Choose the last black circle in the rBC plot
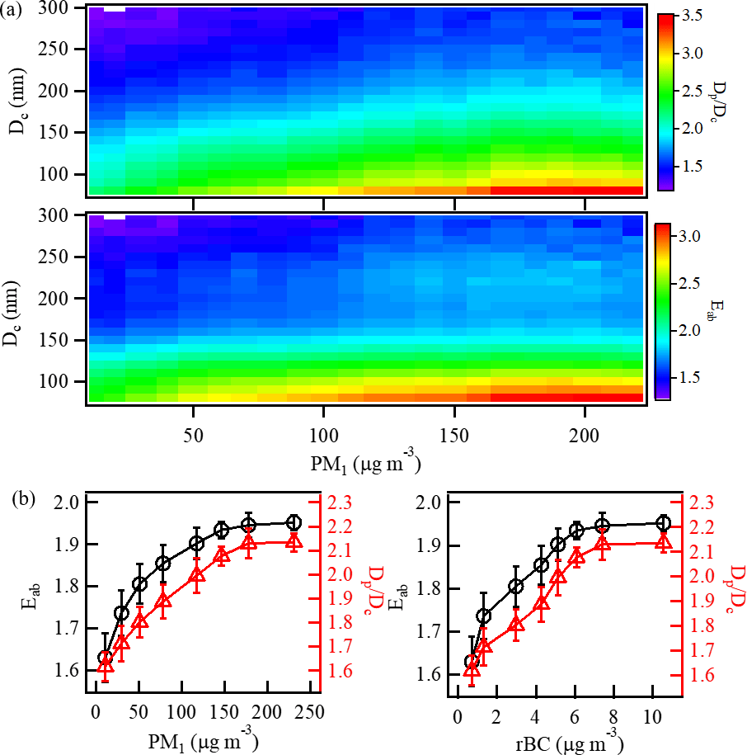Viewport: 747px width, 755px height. pyautogui.click(x=663, y=523)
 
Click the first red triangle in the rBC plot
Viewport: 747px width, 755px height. pyautogui.click(x=472, y=671)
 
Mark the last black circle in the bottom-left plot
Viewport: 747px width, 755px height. pyautogui.click(x=292, y=522)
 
